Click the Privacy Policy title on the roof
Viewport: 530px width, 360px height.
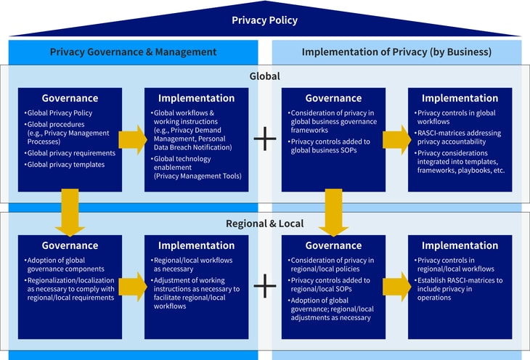point(264,20)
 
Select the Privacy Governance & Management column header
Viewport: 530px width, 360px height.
point(133,52)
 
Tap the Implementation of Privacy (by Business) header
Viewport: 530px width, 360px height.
point(396,52)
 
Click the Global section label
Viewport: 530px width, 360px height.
point(264,75)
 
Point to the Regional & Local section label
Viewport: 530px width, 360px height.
point(264,223)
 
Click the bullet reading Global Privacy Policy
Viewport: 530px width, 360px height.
point(60,113)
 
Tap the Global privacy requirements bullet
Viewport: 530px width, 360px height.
point(70,153)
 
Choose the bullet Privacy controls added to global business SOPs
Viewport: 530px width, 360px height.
point(330,146)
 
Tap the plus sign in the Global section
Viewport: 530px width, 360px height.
point(265,139)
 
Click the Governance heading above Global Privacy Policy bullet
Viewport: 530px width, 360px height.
point(70,98)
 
